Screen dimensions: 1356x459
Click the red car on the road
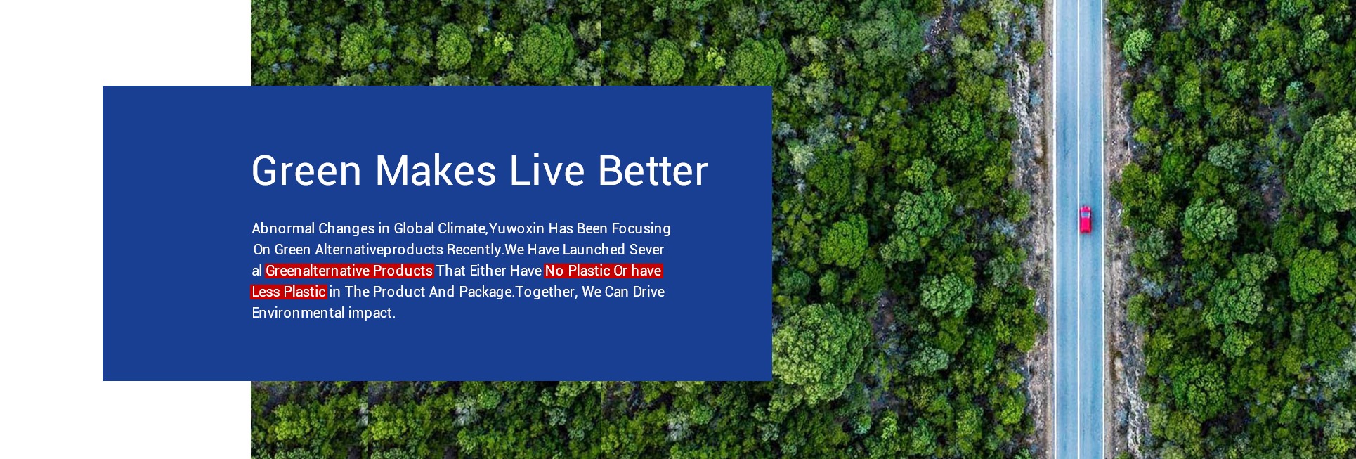pos(1086,219)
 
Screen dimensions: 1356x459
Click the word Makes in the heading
pos(436,171)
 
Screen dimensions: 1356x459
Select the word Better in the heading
pos(653,171)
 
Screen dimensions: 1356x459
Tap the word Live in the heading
pos(547,171)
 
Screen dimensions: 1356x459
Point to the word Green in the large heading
pos(306,171)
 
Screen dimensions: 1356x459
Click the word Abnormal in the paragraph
pos(283,228)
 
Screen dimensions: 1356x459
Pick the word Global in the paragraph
pos(414,228)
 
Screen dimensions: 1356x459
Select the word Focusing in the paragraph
pos(641,229)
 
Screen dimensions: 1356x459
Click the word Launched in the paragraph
pos(594,250)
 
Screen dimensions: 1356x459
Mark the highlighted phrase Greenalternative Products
pos(349,271)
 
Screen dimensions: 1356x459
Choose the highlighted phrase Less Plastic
pos(289,292)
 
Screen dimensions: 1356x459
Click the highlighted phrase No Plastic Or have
pos(604,271)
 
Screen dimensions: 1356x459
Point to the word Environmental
pos(298,313)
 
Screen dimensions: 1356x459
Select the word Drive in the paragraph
pos(648,292)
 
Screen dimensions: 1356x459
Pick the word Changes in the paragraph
pos(347,229)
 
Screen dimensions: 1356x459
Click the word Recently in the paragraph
pos(474,250)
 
